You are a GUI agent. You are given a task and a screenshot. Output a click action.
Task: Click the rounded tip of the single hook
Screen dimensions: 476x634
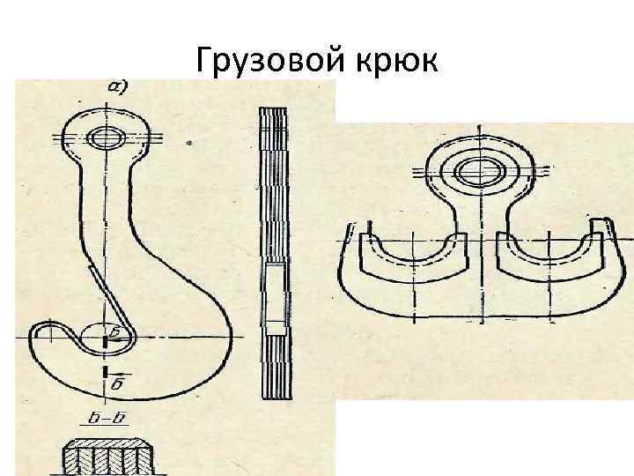[x=41, y=333]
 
